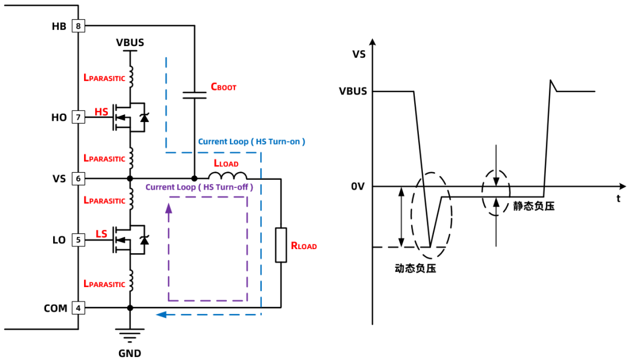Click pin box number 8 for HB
pos(78,26)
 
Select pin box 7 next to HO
pos(78,117)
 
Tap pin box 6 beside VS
pos(78,179)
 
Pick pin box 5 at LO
pos(78,240)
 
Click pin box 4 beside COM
pos(78,308)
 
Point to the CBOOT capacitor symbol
pos(194,95)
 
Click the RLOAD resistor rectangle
pos(281,245)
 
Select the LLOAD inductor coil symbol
pos(228,176)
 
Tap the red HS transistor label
pos(101,111)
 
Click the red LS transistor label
pos(101,234)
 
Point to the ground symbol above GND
pos(129,335)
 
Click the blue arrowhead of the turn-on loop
pos(161,314)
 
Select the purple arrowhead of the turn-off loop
pos(169,208)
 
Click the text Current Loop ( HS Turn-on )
pos(251,141)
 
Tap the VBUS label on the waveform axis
pos(353,91)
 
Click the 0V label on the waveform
pos(358,187)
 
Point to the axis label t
pos(618,198)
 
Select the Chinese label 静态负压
pos(534,206)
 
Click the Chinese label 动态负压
pos(415,268)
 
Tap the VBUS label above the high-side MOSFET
pos(129,43)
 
